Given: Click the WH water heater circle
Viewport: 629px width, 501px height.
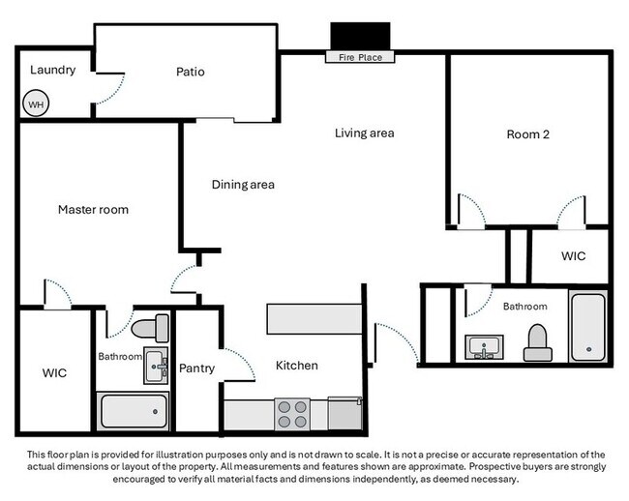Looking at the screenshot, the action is click(36, 103).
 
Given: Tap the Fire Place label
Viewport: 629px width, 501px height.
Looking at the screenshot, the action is click(360, 57).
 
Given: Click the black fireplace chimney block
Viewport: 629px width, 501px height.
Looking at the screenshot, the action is click(360, 36).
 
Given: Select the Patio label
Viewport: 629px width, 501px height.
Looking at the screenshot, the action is click(190, 72).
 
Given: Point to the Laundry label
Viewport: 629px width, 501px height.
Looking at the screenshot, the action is click(52, 71).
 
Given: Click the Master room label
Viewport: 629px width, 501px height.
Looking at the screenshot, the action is click(93, 209).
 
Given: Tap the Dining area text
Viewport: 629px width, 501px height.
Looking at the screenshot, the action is click(243, 185).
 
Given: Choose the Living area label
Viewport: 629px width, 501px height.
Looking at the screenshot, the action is click(364, 133).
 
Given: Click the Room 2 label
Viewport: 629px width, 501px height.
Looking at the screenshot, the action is click(528, 134).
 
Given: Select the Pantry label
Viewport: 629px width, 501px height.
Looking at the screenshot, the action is click(196, 368).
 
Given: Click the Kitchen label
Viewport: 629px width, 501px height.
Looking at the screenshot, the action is click(297, 366).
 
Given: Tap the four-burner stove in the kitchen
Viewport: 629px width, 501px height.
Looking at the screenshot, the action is click(292, 414).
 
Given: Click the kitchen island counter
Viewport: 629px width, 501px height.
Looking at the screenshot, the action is click(314, 319).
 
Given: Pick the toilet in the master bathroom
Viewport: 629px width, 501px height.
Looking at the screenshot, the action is click(150, 328).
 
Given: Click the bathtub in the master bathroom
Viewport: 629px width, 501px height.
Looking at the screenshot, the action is click(134, 411).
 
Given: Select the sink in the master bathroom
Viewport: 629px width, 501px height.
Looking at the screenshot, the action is click(156, 366).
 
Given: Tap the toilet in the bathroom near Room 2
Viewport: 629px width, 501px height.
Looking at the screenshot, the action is click(537, 343).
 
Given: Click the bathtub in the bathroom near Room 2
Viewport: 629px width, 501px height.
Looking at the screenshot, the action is click(588, 327).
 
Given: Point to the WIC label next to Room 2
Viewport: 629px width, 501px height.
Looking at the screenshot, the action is click(573, 255).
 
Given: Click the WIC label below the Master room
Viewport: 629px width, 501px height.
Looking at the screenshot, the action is click(54, 373).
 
